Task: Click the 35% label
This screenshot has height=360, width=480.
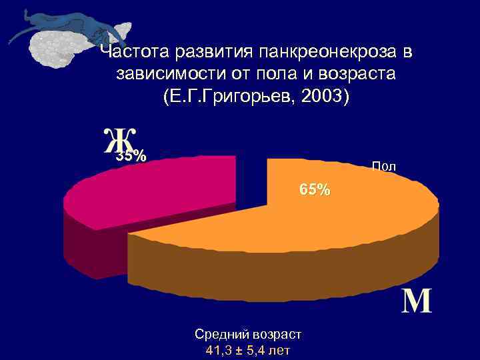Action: (x=131, y=157)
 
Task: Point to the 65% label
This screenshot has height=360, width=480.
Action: (x=314, y=189)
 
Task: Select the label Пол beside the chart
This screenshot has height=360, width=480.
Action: (x=383, y=167)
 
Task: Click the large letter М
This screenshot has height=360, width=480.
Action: (x=417, y=301)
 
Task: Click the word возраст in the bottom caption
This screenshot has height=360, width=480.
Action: (x=274, y=334)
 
